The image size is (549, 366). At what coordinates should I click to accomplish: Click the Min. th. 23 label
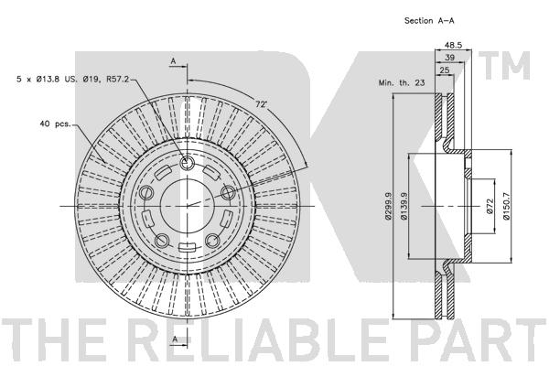(x=402, y=82)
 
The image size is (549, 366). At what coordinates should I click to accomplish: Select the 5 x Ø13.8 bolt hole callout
(x=70, y=80)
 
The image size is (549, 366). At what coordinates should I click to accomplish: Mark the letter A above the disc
(x=172, y=61)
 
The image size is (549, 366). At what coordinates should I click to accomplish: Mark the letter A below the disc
(x=172, y=339)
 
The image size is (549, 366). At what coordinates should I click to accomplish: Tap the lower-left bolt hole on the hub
(x=162, y=241)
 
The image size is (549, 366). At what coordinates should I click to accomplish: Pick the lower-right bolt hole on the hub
(x=213, y=241)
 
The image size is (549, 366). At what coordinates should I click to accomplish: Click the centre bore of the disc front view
(x=187, y=206)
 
